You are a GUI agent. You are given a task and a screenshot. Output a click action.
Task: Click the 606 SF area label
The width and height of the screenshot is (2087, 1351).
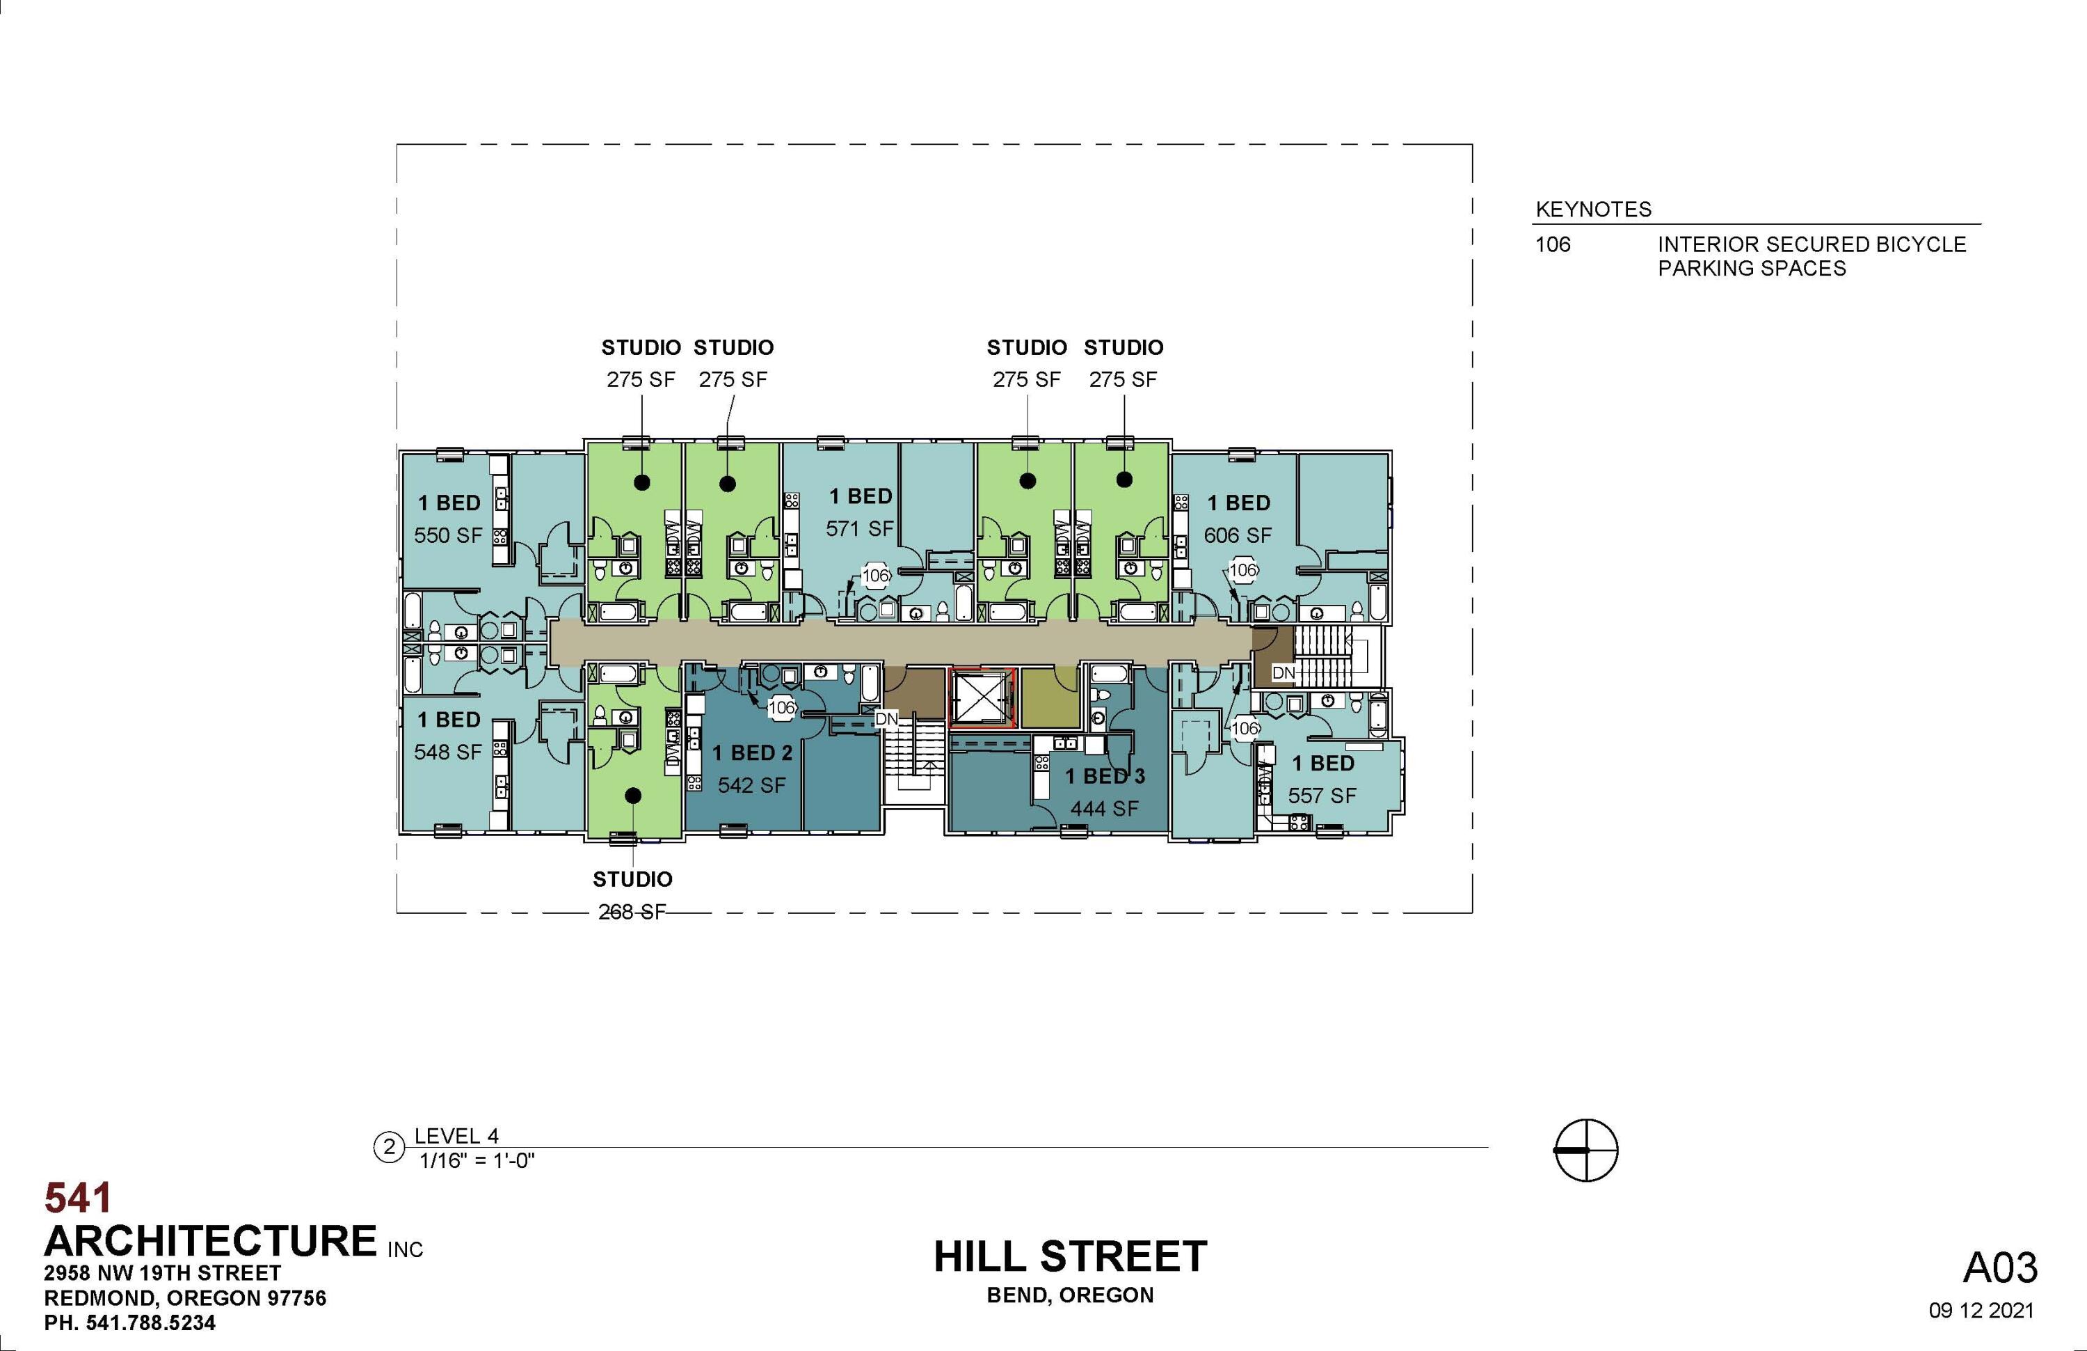[1238, 535]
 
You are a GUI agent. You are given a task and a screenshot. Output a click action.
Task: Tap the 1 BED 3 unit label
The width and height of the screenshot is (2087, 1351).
[1105, 776]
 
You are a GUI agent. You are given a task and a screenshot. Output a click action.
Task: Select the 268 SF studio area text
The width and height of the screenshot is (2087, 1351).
[632, 912]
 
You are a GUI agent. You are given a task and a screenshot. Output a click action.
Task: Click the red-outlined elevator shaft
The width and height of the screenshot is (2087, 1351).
[982, 698]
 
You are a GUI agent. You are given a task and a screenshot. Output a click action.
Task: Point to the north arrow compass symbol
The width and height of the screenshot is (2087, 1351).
[1585, 1149]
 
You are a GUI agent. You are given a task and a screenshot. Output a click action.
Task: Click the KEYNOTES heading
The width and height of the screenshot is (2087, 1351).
[1593, 210]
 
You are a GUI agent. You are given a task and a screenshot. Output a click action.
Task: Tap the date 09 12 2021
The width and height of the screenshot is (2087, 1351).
[1981, 1311]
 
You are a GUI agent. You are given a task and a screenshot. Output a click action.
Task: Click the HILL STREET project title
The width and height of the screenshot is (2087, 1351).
[1070, 1256]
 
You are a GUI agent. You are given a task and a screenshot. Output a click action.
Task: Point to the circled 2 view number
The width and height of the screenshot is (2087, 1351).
[390, 1148]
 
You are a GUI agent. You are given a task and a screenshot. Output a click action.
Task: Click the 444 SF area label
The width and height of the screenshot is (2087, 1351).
[1104, 809]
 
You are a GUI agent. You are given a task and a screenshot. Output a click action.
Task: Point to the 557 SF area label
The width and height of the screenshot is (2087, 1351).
[1322, 796]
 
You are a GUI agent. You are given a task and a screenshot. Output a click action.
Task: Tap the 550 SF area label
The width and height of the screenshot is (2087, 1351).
[447, 535]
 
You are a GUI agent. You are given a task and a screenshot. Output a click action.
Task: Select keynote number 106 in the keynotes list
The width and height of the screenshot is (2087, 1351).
[1553, 245]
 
